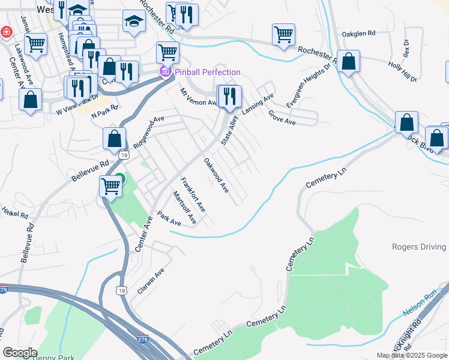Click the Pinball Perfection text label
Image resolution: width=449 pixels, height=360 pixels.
(207, 72)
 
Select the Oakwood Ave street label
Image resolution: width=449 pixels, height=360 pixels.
(216, 175)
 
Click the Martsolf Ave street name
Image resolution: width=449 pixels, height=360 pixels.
(184, 208)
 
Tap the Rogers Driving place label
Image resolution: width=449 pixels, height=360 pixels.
(420, 247)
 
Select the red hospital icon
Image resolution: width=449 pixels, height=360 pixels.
(5, 32)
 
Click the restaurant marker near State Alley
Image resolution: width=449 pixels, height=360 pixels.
(229, 95)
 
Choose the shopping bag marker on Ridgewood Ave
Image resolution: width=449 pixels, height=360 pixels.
(114, 139)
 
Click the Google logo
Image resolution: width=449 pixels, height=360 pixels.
(20, 352)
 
